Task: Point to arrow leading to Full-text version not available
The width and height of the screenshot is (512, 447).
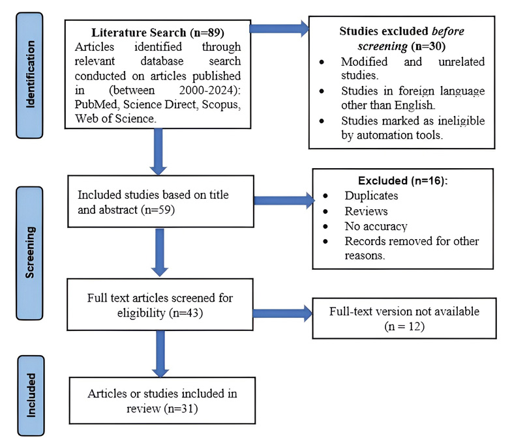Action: click(281, 313)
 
